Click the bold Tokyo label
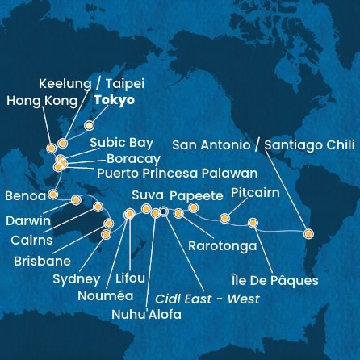(114, 101)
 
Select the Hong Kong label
(41, 102)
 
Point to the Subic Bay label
(121, 142)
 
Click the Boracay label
(133, 158)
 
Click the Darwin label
(28, 220)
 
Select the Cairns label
(33, 241)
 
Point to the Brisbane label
(42, 261)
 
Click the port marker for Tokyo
(90, 125)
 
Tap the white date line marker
(164, 213)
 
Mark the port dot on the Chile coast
(308, 233)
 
